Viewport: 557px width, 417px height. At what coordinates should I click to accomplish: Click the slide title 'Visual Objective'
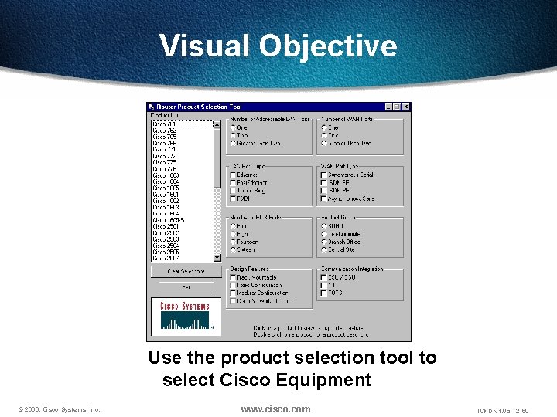pyautogui.click(x=278, y=46)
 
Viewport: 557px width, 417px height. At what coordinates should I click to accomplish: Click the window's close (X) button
pyautogui.click(x=406, y=107)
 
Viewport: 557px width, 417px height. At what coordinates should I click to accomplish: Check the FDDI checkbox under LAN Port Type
pyautogui.click(x=233, y=198)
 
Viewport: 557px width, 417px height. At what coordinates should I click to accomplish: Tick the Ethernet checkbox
pyautogui.click(x=233, y=175)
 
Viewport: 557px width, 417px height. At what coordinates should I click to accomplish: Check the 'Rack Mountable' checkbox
pyautogui.click(x=233, y=277)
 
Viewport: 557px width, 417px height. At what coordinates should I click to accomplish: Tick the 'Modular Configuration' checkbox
pyautogui.click(x=233, y=293)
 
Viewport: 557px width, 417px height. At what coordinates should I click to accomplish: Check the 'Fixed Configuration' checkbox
pyautogui.click(x=233, y=285)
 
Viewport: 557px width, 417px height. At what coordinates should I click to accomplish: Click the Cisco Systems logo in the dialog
pyautogui.click(x=185, y=316)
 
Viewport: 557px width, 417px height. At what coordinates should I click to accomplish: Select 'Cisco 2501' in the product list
pyautogui.click(x=166, y=226)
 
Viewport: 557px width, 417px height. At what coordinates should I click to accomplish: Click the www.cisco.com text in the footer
pyautogui.click(x=275, y=409)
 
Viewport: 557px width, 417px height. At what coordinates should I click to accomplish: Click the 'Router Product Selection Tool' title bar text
pyautogui.click(x=200, y=107)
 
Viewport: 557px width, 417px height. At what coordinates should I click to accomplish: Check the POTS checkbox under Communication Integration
pyautogui.click(x=321, y=293)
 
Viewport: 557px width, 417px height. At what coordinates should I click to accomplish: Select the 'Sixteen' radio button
pyautogui.click(x=233, y=249)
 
